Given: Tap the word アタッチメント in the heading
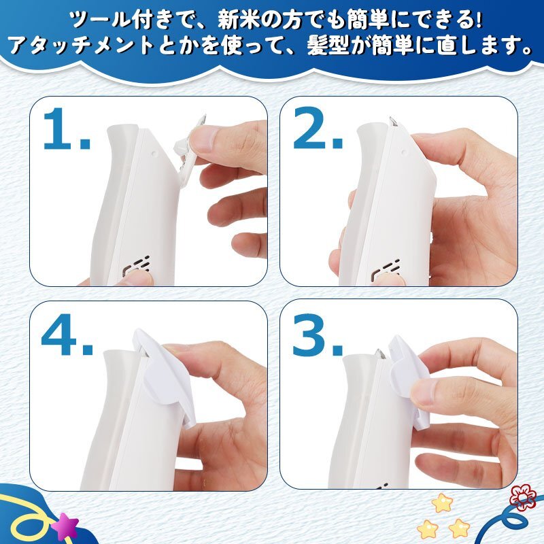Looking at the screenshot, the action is pyautogui.click(x=82, y=46).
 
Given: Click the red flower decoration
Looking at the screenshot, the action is pyautogui.click(x=522, y=498).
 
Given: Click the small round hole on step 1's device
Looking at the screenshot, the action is pyautogui.click(x=154, y=152).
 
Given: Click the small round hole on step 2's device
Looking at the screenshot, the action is pyautogui.click(x=403, y=152).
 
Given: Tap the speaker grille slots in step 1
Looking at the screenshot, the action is pyautogui.click(x=138, y=267).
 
